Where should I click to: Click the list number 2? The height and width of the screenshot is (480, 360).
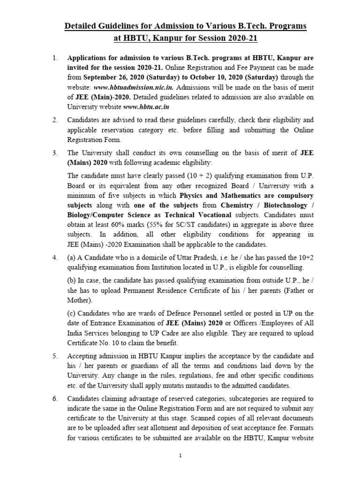[x=55, y=120]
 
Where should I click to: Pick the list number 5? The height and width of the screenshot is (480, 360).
[x=55, y=356]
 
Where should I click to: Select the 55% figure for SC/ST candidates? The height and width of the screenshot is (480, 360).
[x=155, y=225]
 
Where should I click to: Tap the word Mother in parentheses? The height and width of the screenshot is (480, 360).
[x=80, y=300]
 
